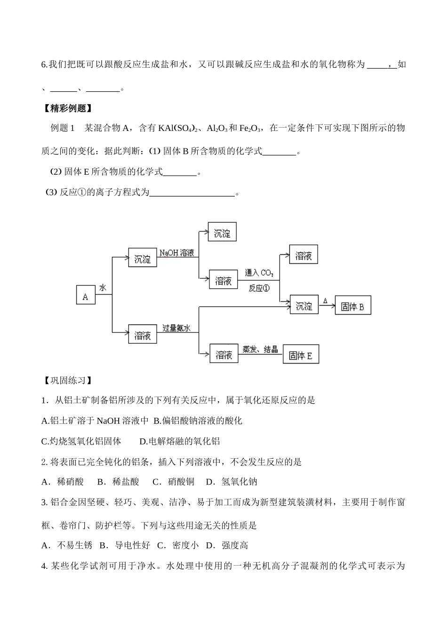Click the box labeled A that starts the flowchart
click(x=85, y=297)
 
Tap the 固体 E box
click(x=301, y=356)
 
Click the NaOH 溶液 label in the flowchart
click(x=176, y=253)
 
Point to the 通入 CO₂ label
click(x=259, y=273)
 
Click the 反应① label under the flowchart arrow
click(x=259, y=288)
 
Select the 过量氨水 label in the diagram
click(x=176, y=328)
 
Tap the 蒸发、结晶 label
click(x=260, y=349)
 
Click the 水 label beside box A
click(x=103, y=288)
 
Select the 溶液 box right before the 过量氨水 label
click(x=143, y=335)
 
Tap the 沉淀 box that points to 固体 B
click(x=304, y=307)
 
